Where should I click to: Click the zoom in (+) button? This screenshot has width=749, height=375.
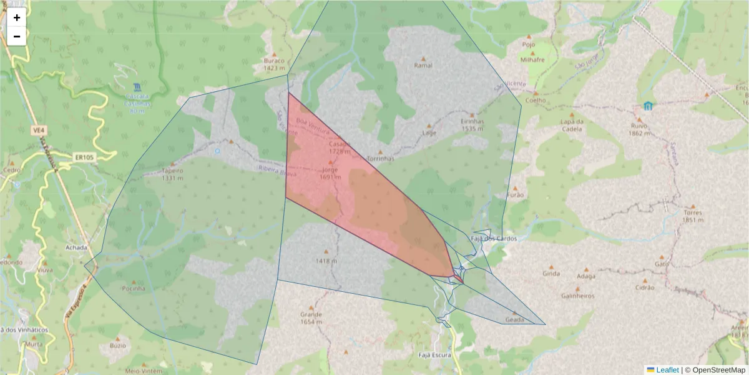pos(17,17)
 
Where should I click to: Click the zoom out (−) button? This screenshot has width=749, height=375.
pos(17,36)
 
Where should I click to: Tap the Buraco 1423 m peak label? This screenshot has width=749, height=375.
pos(274,64)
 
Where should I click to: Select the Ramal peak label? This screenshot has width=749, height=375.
pos(423,65)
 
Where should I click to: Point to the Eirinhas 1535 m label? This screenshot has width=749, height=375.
pos(472,125)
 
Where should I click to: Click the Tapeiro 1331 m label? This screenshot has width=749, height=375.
pos(172,173)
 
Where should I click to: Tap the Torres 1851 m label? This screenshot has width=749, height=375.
pos(693,216)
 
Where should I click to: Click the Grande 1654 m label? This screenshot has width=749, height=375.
pos(311,317)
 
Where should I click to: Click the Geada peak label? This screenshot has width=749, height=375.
pos(515,319)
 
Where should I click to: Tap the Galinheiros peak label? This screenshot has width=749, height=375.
pos(578,296)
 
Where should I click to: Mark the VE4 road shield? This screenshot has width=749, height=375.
pos(38,131)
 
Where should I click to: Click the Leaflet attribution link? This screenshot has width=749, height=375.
pos(667,370)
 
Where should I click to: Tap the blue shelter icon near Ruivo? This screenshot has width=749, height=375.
pos(648,106)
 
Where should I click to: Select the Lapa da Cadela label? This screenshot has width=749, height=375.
pos(571,126)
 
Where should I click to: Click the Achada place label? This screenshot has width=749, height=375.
pos(76,247)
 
